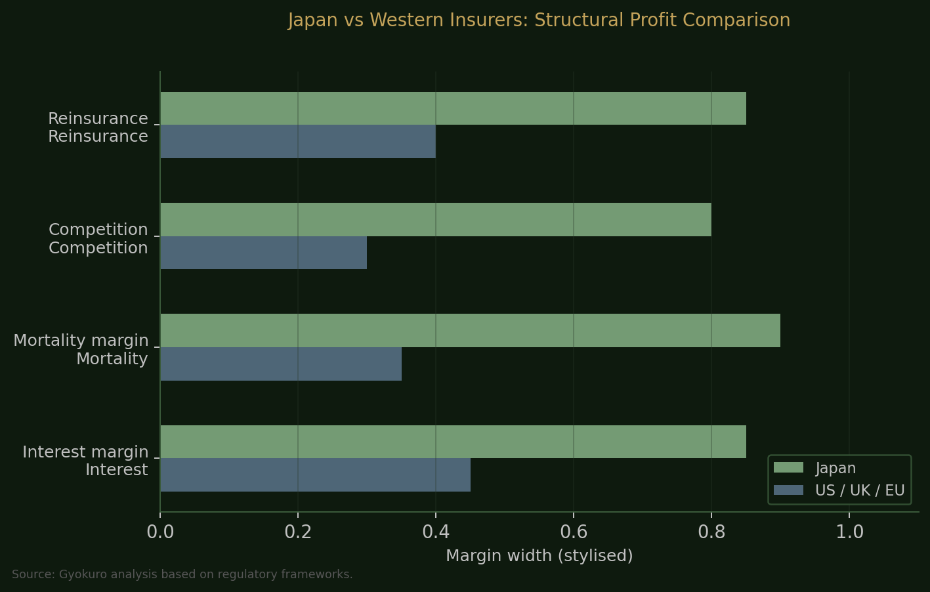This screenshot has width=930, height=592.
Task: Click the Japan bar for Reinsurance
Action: coord(453,108)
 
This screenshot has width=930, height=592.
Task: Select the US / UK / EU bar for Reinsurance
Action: coord(298,142)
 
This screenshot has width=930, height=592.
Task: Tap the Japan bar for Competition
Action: coord(436,219)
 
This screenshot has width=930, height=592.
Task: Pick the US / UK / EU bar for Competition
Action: coord(263,253)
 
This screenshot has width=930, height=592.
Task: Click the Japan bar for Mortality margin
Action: coord(470,330)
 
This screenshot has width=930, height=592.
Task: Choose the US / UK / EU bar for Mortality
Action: coord(281,364)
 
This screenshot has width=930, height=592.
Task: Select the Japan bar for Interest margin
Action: coord(453,442)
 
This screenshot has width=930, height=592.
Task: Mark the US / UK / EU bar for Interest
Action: coord(315,475)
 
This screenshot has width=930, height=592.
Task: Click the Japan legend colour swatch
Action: coord(788,468)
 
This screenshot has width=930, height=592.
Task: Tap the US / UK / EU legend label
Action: coord(860,490)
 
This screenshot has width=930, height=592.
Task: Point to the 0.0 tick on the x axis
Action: coord(160,532)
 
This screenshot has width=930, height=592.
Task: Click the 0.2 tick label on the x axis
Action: coord(298,532)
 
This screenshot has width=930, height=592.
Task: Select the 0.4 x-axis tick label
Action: coord(436,532)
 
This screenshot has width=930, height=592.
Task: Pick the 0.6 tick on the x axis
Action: coord(574,532)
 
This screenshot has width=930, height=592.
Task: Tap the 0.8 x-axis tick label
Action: coord(711,532)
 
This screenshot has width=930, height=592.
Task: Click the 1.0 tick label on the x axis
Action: coord(849,532)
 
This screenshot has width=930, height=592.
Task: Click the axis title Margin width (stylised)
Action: coord(539,556)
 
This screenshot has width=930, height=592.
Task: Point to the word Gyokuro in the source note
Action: coord(83,575)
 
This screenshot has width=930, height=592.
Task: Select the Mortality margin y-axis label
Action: coord(81,341)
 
